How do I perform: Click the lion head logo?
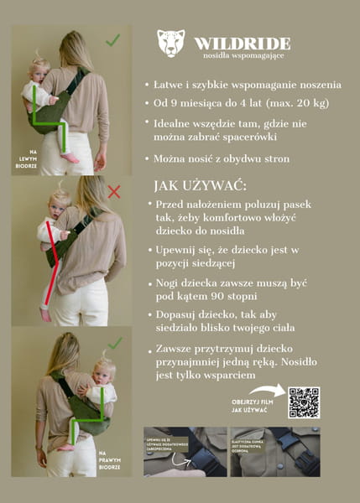click(171, 44)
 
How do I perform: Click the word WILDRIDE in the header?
click(243, 43)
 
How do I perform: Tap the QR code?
click(304, 402)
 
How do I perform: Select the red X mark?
click(114, 192)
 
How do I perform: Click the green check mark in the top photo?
click(113, 39)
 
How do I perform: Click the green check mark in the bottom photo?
click(115, 343)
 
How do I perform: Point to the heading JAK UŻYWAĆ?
click(205, 185)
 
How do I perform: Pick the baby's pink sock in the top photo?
click(70, 157)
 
